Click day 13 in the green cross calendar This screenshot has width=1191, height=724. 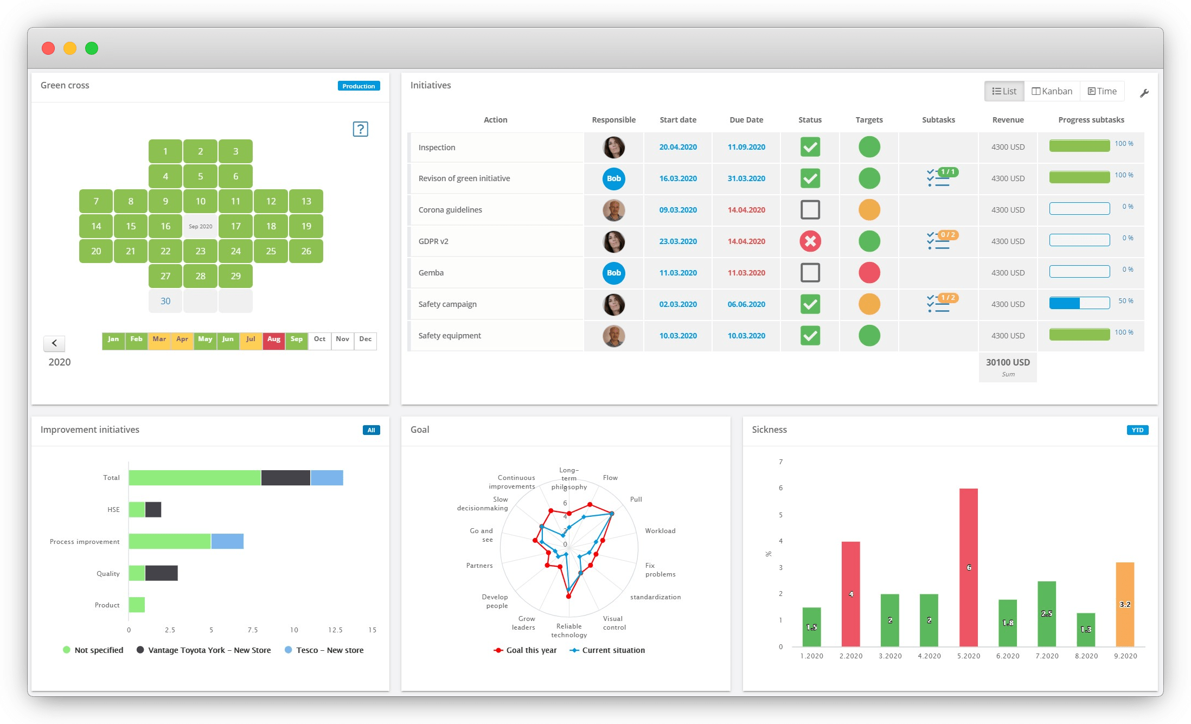306,201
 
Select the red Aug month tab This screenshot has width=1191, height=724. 274,340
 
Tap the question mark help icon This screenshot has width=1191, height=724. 360,129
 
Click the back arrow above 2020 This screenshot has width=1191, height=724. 54,343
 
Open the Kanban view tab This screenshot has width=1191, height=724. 1052,91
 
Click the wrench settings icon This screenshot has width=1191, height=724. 1144,93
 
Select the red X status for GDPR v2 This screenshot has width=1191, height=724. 810,241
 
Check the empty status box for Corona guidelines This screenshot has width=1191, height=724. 810,210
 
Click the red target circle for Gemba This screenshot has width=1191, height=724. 869,273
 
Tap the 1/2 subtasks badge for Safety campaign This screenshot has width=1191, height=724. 948,298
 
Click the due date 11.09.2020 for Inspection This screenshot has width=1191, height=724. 746,147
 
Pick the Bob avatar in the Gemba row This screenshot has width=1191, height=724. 613,273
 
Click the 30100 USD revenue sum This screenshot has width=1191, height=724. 1008,363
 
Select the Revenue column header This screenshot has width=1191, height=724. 1008,120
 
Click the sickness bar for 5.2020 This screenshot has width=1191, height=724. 968,567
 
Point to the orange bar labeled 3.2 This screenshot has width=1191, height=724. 1125,604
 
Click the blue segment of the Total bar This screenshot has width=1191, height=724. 326,478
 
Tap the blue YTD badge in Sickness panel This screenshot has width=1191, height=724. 1137,430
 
